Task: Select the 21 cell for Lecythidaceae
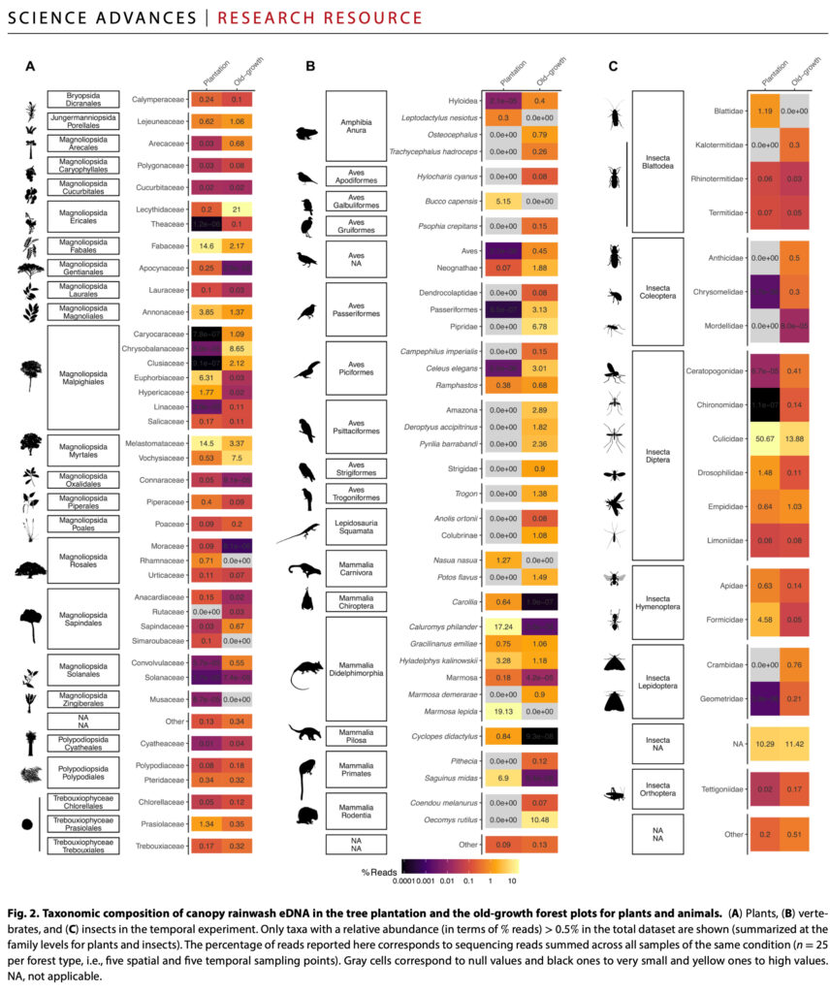(x=236, y=208)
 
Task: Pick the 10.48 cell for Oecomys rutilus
(x=539, y=817)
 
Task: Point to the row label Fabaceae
(x=164, y=247)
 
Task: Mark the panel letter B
(x=310, y=67)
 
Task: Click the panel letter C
(x=612, y=67)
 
